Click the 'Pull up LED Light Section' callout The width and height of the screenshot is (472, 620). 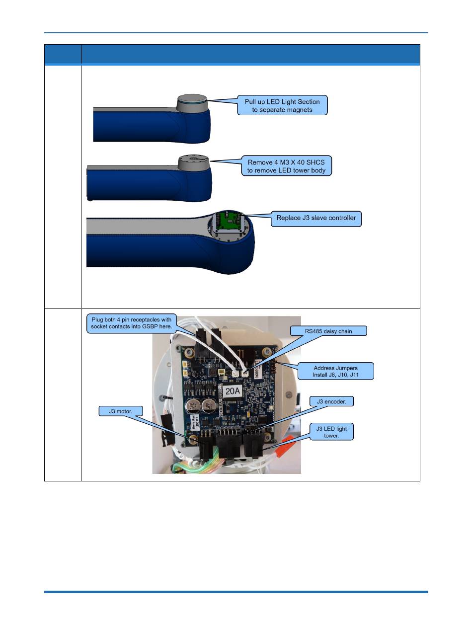pyautogui.click(x=282, y=105)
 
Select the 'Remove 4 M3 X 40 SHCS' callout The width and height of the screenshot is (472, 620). pyautogui.click(x=286, y=166)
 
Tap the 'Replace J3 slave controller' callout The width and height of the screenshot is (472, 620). pyautogui.click(x=316, y=219)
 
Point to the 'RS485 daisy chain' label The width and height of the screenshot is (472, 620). pyautogui.click(x=328, y=331)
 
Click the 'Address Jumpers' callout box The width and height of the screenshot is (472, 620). pyautogui.click(x=335, y=371)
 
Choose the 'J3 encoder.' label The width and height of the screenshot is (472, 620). pyautogui.click(x=331, y=401)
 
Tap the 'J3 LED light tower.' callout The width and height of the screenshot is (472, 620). pyautogui.click(x=331, y=432)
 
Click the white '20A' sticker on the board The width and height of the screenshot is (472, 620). pyautogui.click(x=233, y=391)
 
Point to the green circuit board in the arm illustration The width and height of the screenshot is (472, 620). pyautogui.click(x=230, y=222)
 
